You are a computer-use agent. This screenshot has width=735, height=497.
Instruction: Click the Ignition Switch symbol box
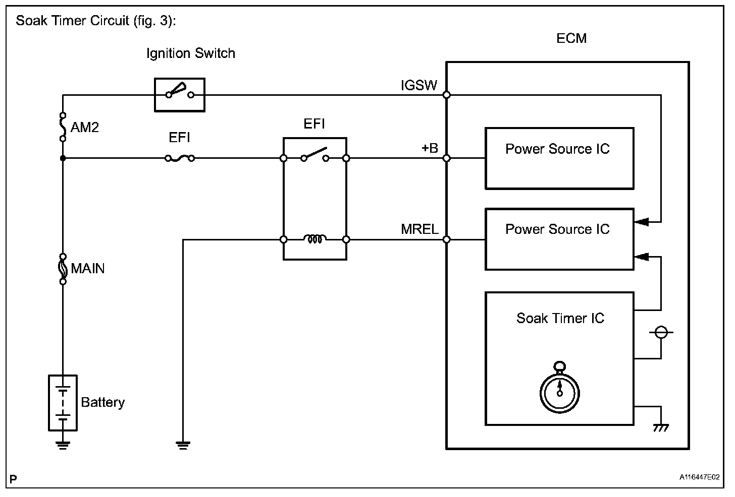tap(179, 94)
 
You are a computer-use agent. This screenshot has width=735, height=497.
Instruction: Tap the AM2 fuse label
tap(84, 127)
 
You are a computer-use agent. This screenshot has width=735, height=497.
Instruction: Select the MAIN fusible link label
tap(88, 268)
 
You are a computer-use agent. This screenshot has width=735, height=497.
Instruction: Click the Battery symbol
tap(63, 403)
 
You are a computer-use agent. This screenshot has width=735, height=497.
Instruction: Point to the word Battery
tap(102, 402)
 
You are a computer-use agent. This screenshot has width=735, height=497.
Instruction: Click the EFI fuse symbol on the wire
tap(180, 158)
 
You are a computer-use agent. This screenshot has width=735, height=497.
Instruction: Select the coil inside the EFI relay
tap(314, 239)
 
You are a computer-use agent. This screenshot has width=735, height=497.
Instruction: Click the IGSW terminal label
tap(418, 85)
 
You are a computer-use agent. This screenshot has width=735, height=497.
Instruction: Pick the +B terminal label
tap(430, 149)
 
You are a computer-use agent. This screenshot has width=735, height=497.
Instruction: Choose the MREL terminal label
tap(419, 229)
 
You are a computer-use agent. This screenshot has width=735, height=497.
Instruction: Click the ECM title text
tap(571, 39)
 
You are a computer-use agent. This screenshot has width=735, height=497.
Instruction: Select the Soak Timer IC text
tap(560, 318)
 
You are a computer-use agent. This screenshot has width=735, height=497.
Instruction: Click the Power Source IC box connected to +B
tap(559, 158)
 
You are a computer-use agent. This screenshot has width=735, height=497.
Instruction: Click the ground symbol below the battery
tap(63, 444)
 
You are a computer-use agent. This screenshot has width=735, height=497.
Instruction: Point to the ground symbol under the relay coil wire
tap(183, 444)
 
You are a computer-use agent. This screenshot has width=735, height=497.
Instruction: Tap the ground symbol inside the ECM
tap(661, 427)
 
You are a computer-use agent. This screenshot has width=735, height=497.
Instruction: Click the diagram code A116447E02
tap(699, 477)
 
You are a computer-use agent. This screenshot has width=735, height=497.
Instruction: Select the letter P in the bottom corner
tap(14, 478)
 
